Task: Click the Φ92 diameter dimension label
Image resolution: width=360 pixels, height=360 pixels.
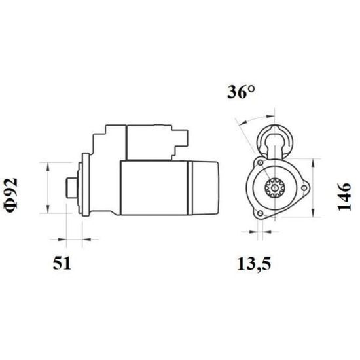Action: coord(10,195)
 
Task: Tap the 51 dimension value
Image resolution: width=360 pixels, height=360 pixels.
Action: coord(62,263)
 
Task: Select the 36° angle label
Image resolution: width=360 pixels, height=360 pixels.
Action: coord(241,92)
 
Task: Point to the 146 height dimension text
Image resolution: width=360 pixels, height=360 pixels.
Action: coord(344,196)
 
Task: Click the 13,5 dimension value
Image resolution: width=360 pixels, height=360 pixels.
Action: coord(254,264)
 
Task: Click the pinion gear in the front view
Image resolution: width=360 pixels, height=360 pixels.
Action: coord(275,188)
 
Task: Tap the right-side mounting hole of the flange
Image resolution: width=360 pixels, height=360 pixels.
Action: coord(304,188)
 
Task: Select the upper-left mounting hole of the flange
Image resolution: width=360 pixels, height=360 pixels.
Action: coord(261,163)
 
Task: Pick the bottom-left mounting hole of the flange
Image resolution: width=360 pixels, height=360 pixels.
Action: coord(260,213)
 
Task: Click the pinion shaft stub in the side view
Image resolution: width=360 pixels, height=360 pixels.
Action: coord(72,188)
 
